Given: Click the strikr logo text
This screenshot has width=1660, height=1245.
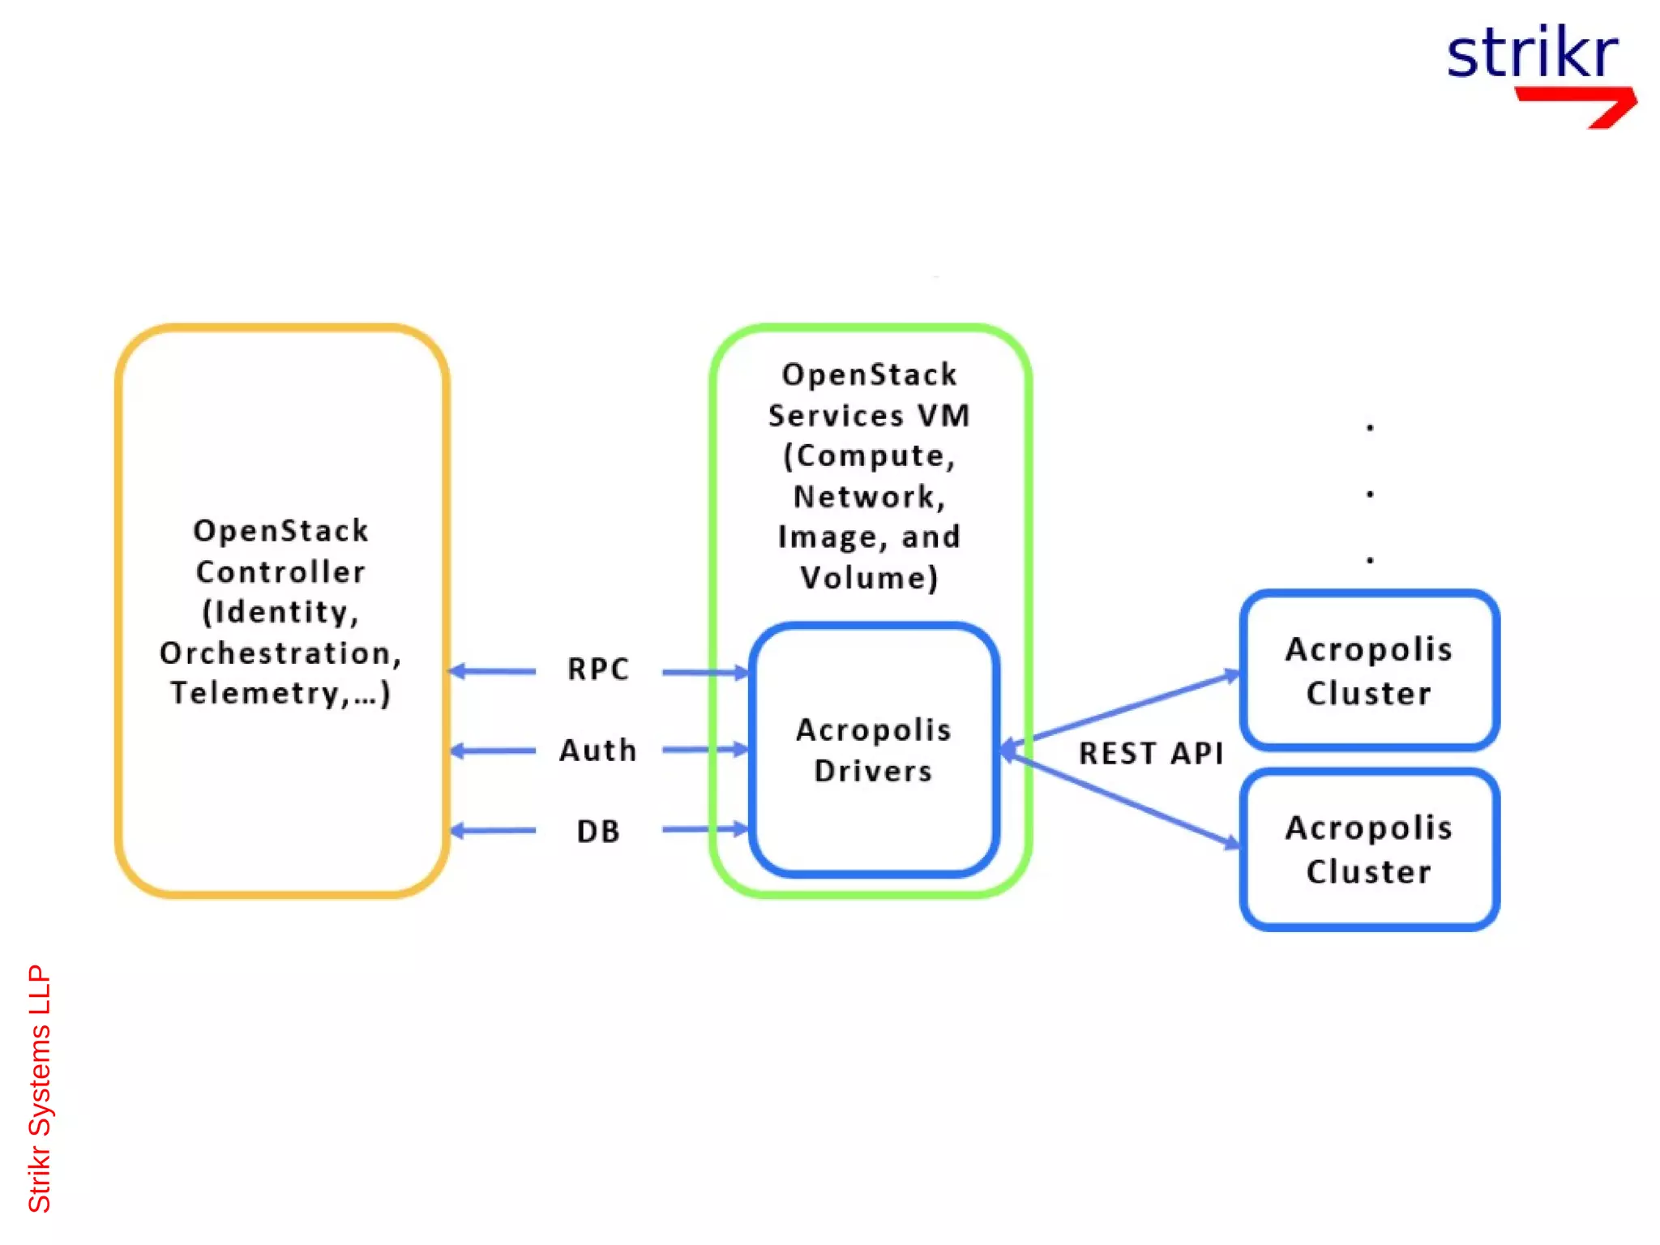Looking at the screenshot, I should (1532, 53).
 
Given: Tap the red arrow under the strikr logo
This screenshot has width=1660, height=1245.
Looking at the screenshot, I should (1581, 105).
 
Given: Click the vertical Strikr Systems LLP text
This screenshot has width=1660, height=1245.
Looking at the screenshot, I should (39, 1088).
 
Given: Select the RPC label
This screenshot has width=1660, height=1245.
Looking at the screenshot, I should (598, 670).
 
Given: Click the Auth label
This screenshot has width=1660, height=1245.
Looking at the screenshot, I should (598, 751).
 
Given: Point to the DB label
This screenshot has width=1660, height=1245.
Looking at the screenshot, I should (598, 832).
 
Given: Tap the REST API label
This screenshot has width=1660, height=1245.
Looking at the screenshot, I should (1151, 754).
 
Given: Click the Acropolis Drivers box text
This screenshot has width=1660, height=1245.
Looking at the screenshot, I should (874, 750).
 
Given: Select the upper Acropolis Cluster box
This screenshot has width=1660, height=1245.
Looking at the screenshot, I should (1369, 671).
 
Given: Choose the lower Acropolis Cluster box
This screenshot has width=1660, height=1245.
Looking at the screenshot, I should (1369, 849).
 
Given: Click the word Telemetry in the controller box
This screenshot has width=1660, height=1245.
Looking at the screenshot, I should (255, 694).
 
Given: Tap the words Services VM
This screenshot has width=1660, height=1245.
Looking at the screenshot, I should (869, 416).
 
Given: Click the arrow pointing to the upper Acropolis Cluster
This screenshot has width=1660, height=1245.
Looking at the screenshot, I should (1135, 705).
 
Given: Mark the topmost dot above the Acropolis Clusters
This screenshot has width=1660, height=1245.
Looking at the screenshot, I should (1370, 427).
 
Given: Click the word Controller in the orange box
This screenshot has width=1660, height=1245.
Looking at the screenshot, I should (280, 572).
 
